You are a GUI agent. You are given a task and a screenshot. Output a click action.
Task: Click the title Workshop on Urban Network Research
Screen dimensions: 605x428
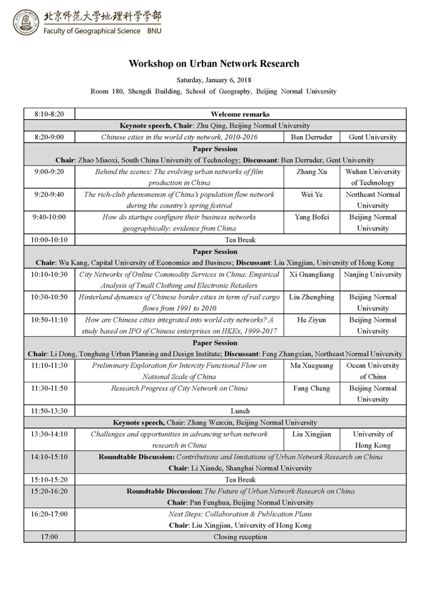point(213,63)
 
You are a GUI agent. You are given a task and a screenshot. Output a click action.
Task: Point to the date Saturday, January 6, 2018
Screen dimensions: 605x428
point(213,80)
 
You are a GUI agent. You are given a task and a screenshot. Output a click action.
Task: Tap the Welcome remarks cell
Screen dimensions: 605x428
point(240,113)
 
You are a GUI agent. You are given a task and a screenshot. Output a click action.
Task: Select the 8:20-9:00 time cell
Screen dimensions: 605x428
point(49,136)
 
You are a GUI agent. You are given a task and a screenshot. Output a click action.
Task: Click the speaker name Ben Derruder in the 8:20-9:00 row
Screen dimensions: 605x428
point(311,136)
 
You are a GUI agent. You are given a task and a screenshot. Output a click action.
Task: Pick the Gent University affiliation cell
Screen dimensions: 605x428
point(372,136)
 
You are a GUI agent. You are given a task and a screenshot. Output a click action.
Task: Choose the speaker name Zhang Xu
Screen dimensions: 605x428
point(311,172)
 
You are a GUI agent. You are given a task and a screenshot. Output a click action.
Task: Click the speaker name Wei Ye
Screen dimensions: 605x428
point(311,194)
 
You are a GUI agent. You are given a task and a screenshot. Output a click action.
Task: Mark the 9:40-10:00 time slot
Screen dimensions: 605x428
point(49,217)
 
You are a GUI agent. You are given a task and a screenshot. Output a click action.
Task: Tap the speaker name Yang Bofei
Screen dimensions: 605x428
point(311,217)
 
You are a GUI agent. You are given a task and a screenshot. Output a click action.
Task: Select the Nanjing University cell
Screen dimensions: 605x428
point(372,274)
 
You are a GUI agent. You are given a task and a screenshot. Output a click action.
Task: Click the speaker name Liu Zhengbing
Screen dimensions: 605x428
point(311,297)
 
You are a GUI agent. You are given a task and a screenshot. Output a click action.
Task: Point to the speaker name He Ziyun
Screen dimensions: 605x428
point(311,320)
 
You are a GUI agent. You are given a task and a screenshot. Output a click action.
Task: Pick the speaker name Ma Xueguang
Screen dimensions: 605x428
point(311,365)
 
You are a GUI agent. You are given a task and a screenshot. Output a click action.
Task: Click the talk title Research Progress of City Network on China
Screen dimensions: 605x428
point(178,388)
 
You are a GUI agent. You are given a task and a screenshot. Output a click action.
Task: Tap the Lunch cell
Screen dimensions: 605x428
point(240,411)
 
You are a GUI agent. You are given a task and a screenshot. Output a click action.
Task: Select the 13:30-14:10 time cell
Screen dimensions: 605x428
point(49,434)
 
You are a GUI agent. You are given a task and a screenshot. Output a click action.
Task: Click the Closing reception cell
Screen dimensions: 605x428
point(240,537)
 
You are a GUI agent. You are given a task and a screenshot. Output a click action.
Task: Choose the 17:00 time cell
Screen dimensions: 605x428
point(49,537)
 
